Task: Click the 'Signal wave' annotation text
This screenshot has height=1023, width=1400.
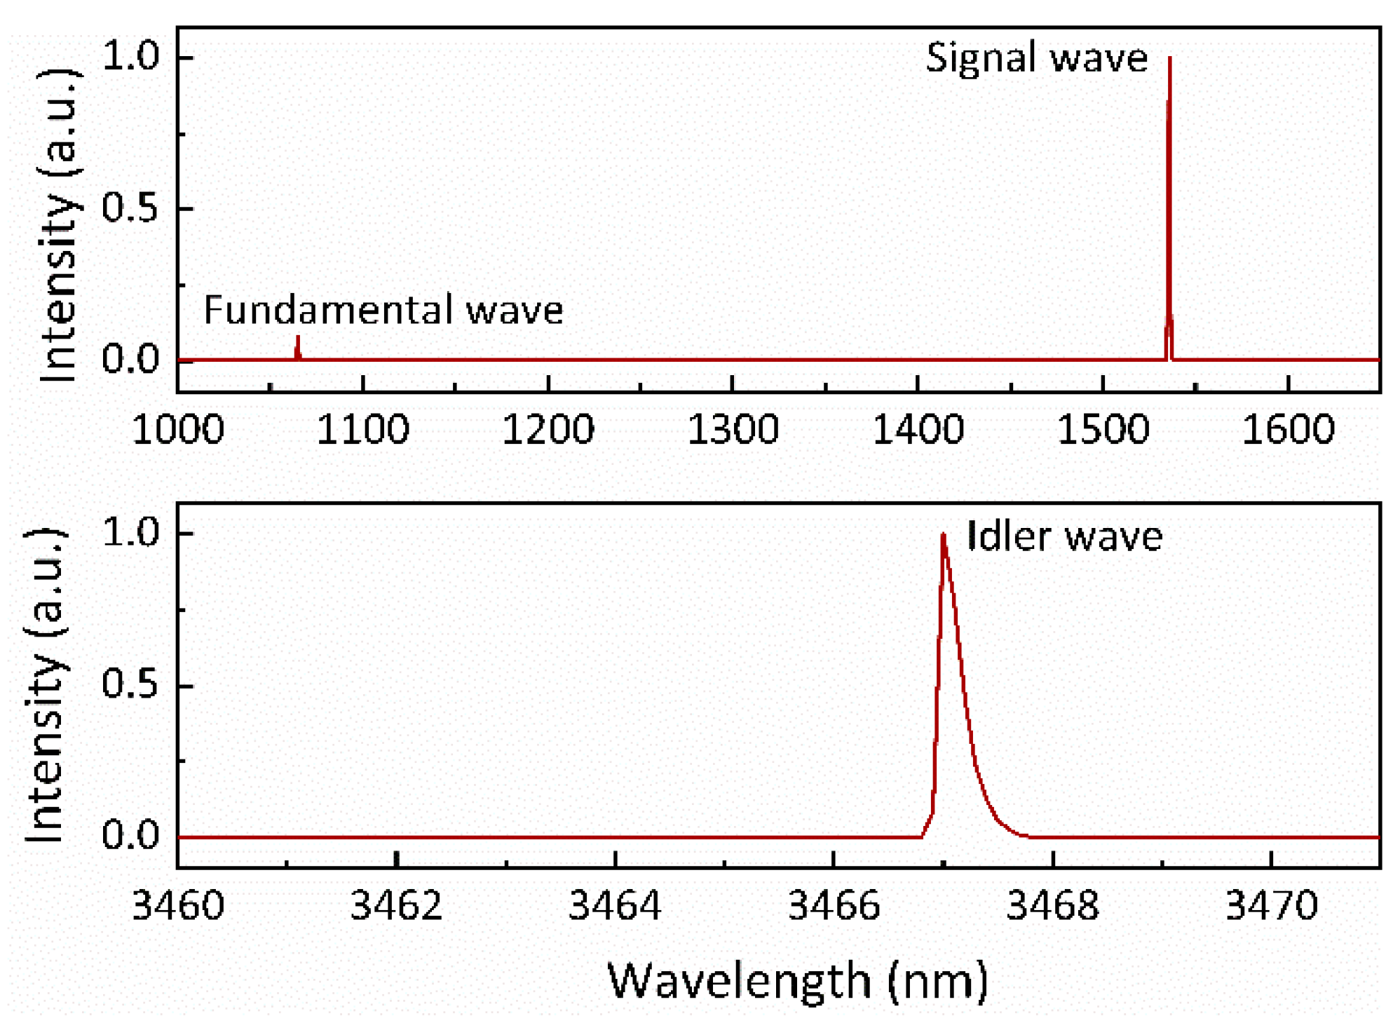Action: (x=1036, y=58)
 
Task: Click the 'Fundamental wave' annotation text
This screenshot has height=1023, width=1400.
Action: (x=383, y=310)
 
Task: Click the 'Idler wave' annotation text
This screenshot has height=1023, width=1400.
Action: (x=1064, y=537)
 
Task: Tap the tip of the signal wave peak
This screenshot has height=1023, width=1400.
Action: (x=1169, y=60)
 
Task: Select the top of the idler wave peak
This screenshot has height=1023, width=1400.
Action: (x=944, y=536)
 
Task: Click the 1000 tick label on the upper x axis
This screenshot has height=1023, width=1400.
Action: (x=178, y=429)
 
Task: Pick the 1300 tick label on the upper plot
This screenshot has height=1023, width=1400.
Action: (x=733, y=429)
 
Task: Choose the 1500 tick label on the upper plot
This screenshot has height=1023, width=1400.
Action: (x=1103, y=429)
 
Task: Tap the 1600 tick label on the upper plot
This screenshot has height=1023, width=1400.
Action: (x=1288, y=429)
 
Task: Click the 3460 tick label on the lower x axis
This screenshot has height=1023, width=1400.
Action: (x=178, y=905)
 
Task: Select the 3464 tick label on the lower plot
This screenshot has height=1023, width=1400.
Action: (x=615, y=905)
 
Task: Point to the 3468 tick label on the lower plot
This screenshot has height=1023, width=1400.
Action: (x=1052, y=905)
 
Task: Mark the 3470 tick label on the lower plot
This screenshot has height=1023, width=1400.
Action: (x=1271, y=905)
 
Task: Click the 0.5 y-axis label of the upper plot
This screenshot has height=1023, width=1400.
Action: (x=130, y=208)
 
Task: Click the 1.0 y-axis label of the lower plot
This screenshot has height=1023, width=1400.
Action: (x=130, y=532)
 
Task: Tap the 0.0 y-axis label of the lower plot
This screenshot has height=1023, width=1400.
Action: (x=130, y=835)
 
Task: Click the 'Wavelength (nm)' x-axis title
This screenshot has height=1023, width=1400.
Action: (x=797, y=980)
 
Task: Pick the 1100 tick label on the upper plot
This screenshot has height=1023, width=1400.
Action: (x=363, y=429)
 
